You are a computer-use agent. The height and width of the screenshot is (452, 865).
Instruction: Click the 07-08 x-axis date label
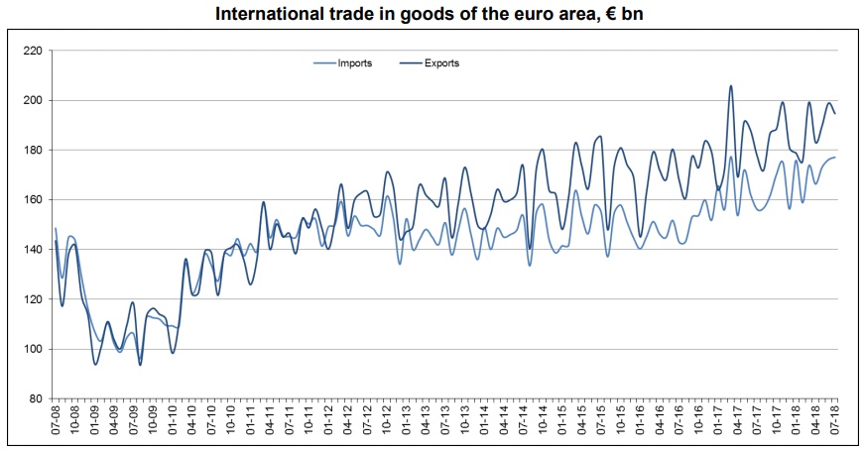pyautogui.click(x=56, y=424)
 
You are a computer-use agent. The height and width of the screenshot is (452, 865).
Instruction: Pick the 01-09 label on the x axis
pyautogui.click(x=94, y=424)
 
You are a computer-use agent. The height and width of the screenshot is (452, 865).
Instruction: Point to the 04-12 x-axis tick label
pyautogui.click(x=348, y=424)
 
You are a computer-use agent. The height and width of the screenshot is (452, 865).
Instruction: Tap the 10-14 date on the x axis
pyautogui.click(x=543, y=424)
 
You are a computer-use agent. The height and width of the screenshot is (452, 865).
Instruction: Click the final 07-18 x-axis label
pyautogui.click(x=835, y=424)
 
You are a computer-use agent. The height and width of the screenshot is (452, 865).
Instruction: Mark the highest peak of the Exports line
pyautogui.click(x=731, y=86)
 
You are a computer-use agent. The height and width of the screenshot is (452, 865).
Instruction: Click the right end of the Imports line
pyautogui.click(x=834, y=158)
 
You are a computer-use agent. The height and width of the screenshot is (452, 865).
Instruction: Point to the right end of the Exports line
pyautogui.click(x=834, y=113)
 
